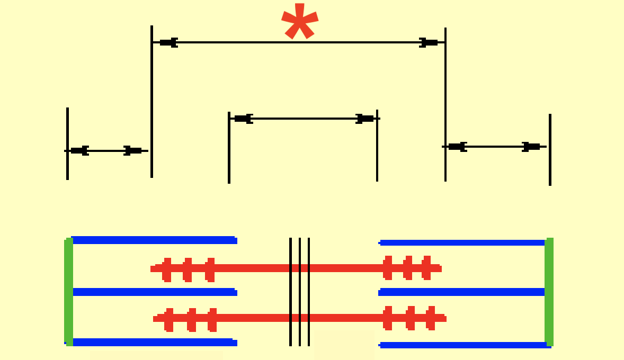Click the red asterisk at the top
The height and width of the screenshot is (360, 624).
point(300,22)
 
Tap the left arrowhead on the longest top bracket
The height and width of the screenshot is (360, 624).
point(168,42)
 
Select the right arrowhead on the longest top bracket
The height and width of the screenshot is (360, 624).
point(429,42)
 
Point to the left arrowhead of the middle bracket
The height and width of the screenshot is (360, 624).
point(243,119)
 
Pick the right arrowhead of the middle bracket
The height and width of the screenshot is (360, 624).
point(365,119)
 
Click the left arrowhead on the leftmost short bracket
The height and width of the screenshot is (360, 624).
point(79,151)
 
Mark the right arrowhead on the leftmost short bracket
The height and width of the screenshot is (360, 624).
point(132,151)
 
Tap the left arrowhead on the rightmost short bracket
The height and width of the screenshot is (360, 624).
point(457,147)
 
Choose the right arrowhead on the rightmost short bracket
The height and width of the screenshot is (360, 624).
point(531,147)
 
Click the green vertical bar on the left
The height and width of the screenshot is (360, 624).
point(68,291)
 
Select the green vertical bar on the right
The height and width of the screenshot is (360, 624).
point(549,291)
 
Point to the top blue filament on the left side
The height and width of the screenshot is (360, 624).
point(154,240)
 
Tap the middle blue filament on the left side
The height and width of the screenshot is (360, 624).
point(154,292)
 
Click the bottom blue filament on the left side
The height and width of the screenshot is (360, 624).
point(154,343)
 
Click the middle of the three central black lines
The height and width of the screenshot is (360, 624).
point(300,291)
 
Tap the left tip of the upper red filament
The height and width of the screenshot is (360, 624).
point(153,269)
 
